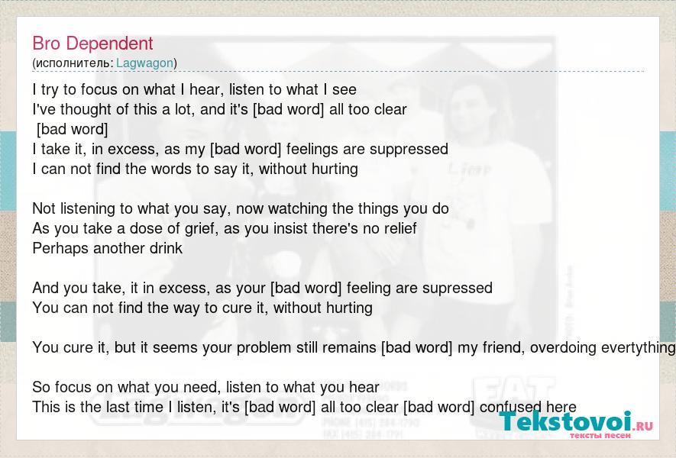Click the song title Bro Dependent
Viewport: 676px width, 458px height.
pos(92,44)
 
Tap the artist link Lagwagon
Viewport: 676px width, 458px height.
pos(145,63)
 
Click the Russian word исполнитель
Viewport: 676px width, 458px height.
pos(73,63)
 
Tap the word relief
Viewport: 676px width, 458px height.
pos(398,228)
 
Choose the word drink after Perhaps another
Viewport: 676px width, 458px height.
pos(166,248)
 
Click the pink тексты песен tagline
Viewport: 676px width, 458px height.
pos(600,436)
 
